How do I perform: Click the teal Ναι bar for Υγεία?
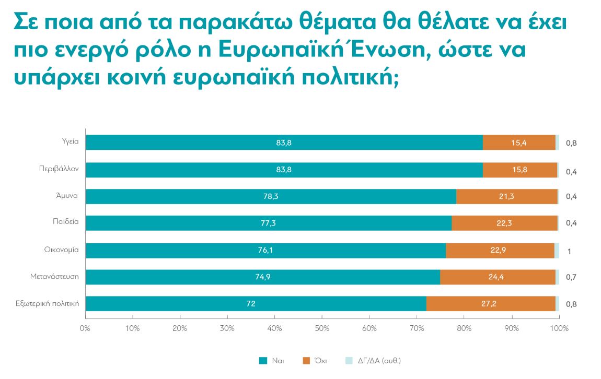tap(284, 143)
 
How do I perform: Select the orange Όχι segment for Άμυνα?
tap(506, 196)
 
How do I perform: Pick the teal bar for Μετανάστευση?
tap(263, 277)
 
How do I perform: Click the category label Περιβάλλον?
tap(59, 169)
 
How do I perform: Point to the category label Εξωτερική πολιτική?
tap(47, 303)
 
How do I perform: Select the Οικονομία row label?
tap(61, 250)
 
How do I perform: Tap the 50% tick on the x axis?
tap(322, 328)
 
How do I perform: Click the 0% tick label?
tap(85, 328)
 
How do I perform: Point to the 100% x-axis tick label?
tap(559, 328)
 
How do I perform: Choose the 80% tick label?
tap(464, 328)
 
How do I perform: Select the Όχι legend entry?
tap(317, 361)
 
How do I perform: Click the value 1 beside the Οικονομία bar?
tap(569, 251)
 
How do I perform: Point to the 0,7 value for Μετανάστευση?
tap(571, 277)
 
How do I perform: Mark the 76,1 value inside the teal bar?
tap(265, 250)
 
